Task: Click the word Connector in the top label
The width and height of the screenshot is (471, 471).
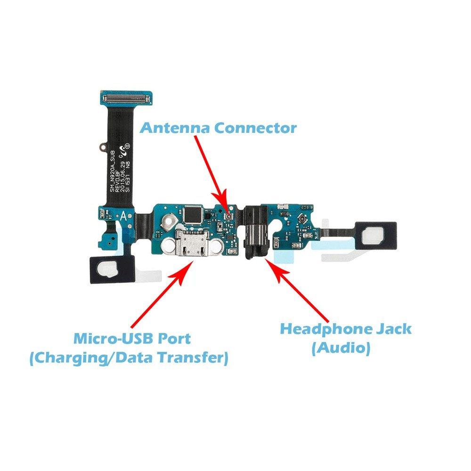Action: [255, 128]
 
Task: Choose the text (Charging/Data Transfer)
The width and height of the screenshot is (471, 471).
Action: [128, 358]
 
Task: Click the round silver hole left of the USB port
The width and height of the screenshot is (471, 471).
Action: [169, 244]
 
